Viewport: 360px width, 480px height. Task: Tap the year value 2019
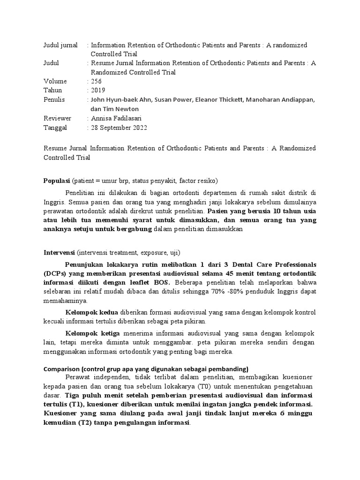click(98, 90)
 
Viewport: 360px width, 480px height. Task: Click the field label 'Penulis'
click(54, 99)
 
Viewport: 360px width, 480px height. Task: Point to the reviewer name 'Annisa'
click(102, 118)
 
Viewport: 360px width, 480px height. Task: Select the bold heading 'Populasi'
click(57, 180)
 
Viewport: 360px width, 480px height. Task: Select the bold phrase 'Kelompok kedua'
click(92, 312)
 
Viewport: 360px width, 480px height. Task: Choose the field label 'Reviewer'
click(57, 118)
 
